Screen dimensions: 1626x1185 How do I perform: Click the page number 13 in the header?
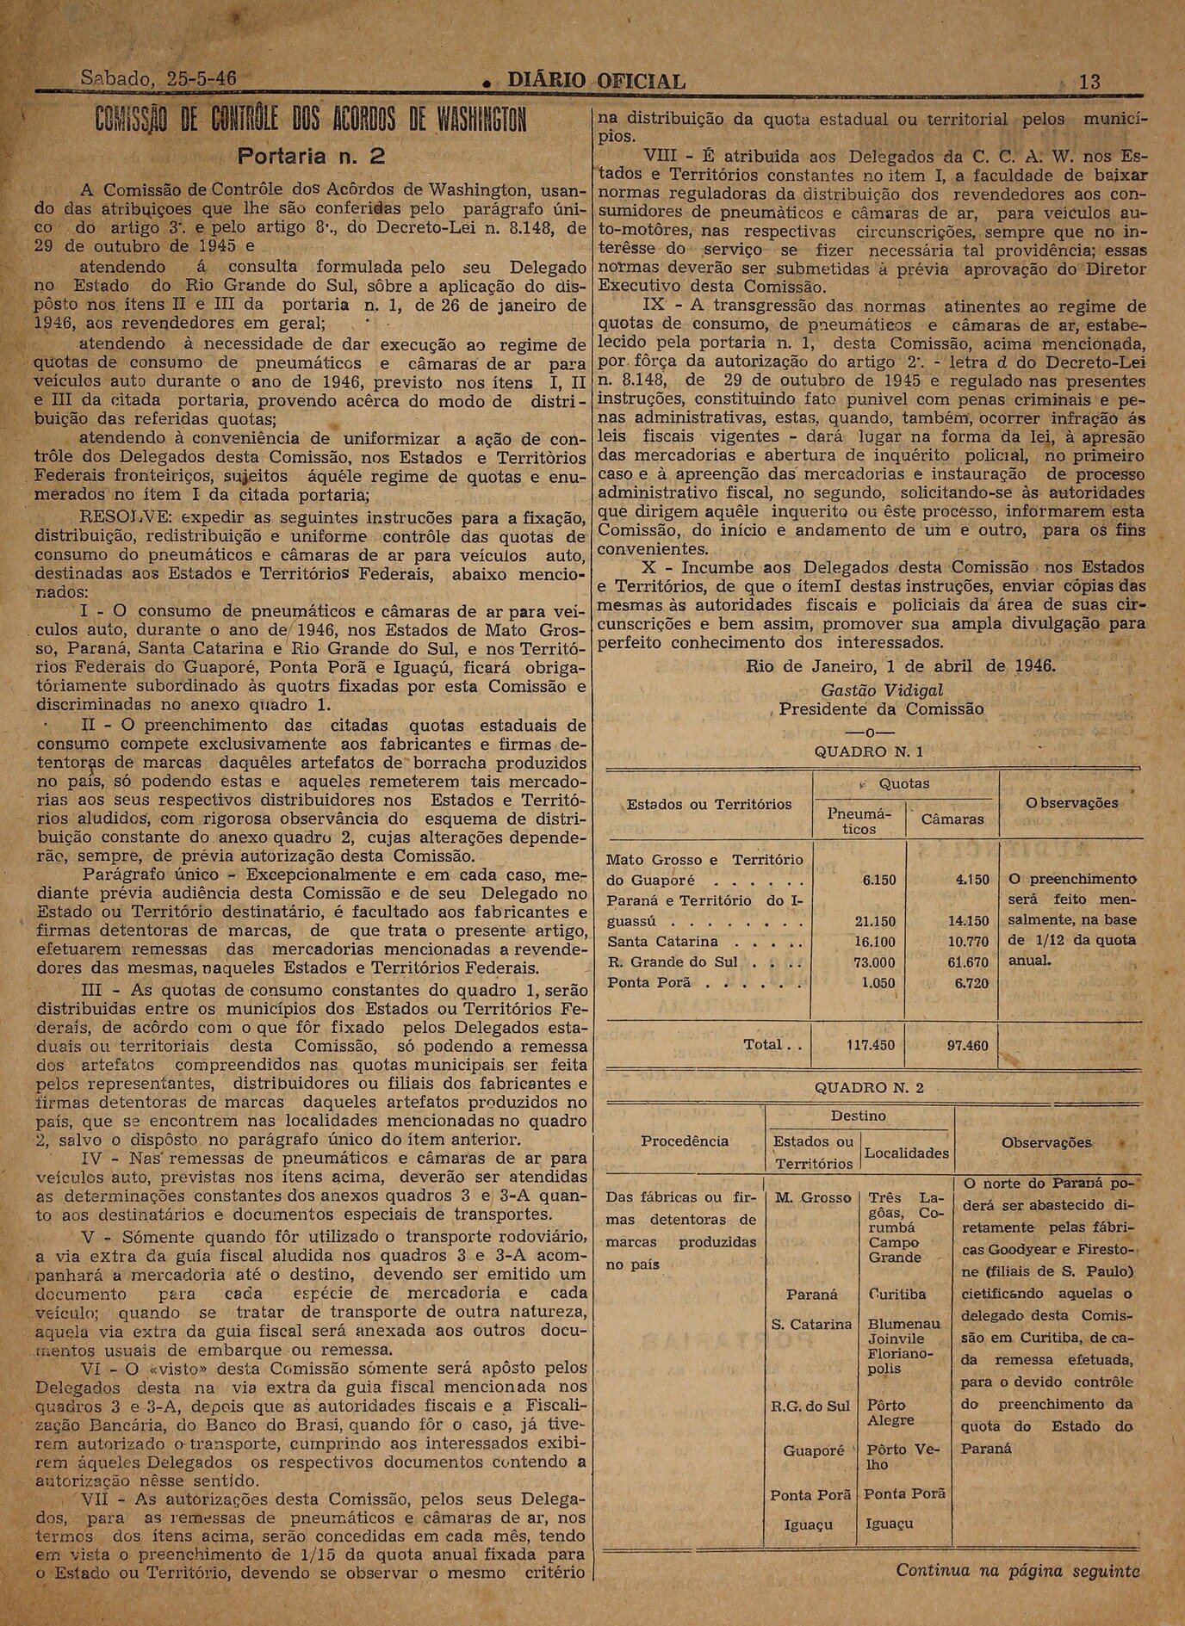click(1089, 82)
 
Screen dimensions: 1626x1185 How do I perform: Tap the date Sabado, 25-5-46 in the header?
click(158, 79)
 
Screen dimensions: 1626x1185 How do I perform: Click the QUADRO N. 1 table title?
click(869, 751)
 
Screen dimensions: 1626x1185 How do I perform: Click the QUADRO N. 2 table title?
click(869, 1087)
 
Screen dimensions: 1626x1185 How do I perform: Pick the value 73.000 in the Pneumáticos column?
click(878, 962)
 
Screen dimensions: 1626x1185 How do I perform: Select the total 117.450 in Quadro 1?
click(872, 1045)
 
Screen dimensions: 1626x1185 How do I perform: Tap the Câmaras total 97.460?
click(966, 1045)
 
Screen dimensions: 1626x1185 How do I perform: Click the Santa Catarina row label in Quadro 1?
click(663, 942)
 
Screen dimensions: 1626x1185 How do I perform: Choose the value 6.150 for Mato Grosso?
click(878, 881)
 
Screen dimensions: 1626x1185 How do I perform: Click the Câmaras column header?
click(952, 819)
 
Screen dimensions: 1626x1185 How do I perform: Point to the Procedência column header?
click(685, 1141)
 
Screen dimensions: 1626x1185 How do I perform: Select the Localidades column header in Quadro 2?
click(906, 1153)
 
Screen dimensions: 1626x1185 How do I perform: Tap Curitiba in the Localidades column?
click(897, 1294)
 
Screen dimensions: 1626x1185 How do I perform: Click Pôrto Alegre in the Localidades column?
click(891, 1413)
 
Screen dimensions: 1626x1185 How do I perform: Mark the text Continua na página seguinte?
click(1018, 1570)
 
